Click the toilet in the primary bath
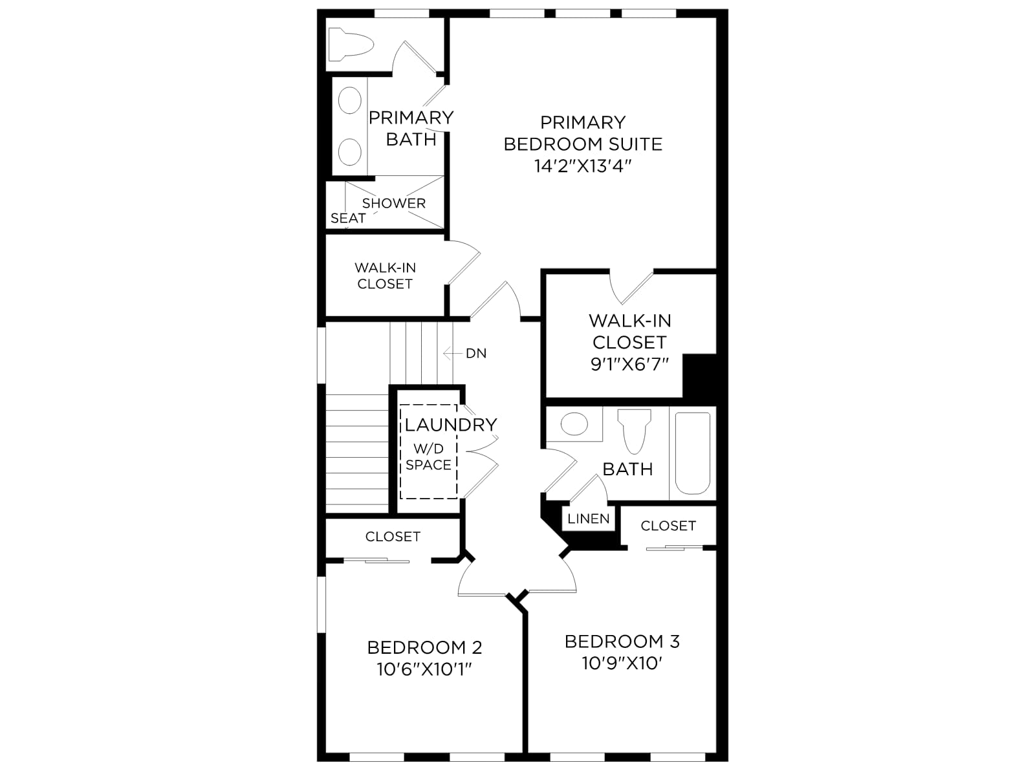coord(351,44)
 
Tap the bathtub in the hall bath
coord(693,453)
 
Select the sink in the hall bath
coord(574,424)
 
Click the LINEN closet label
coord(589,519)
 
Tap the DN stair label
coord(475,353)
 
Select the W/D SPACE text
coord(429,457)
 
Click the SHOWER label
coord(394,203)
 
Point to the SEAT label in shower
coord(348,218)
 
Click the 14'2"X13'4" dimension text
coord(583,166)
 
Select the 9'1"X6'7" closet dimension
coord(630,364)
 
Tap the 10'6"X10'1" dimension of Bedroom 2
coord(424,669)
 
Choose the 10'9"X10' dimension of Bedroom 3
coord(622,663)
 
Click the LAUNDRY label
coord(451,424)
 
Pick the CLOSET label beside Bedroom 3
coord(668,525)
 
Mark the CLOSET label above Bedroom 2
coord(393,536)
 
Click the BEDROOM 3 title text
coord(622,641)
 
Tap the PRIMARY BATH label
coord(411,128)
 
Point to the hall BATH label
coord(627,469)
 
